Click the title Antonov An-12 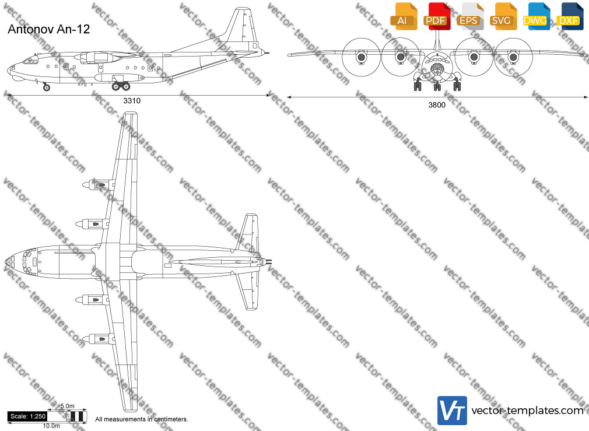49,29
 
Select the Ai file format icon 404,16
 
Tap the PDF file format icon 436,16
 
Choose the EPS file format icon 469,16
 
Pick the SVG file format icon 503,16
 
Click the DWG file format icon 536,16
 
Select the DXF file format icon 570,16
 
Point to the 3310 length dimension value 132,101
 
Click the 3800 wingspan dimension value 437,105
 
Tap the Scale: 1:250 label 28,416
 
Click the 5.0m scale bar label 67,406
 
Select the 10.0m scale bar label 51,426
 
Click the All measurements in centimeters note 142,419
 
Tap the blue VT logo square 453,411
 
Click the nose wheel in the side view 47,88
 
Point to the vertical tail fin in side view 240,28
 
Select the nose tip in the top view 6,261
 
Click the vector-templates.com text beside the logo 527,411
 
